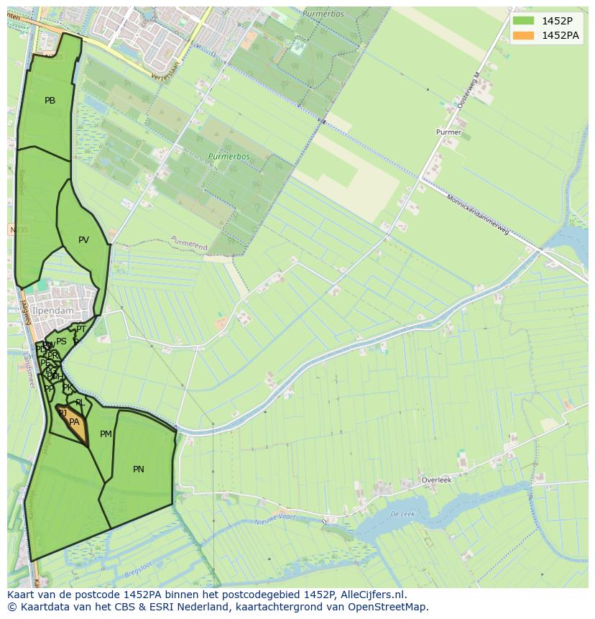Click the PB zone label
coord(50,101)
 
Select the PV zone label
coord(83,240)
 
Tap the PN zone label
coord(139,469)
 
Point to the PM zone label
coord(106,434)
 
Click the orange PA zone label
coord(74,422)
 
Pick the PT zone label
coord(81,329)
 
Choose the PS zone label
coord(61,341)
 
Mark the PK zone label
coord(68,388)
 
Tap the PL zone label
coord(80,403)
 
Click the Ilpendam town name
coord(52,311)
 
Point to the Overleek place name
coord(435,480)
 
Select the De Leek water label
coord(402,514)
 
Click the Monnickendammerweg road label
coord(478,215)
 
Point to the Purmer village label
coord(448,132)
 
